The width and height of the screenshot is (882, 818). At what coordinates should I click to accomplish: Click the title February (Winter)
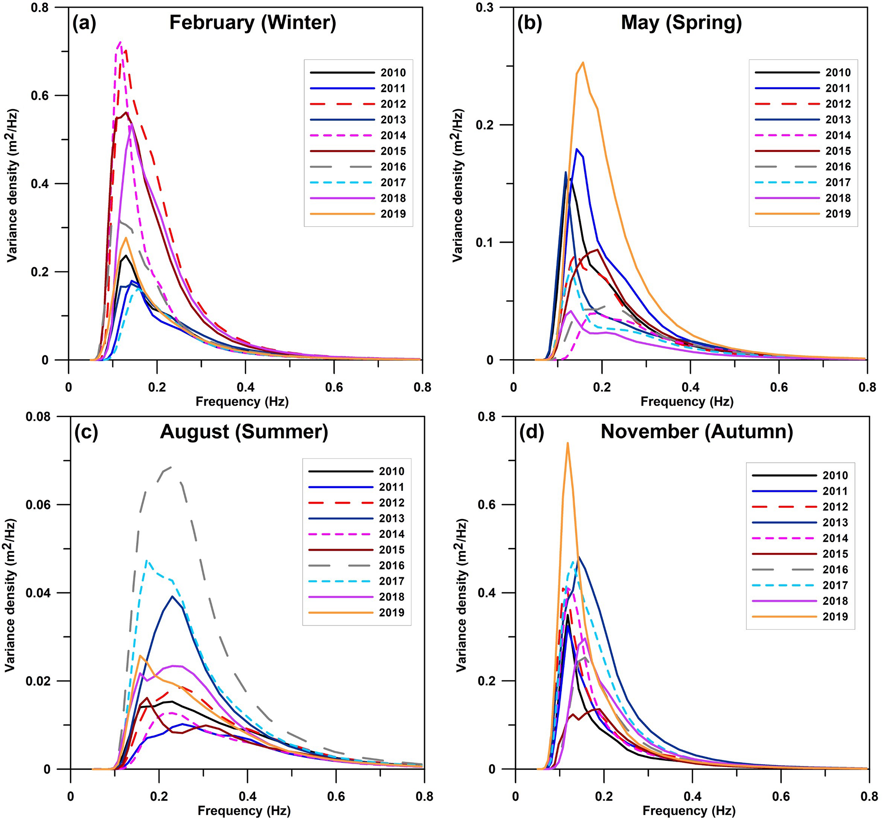(252, 23)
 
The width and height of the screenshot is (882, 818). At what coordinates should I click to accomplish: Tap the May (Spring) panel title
(681, 23)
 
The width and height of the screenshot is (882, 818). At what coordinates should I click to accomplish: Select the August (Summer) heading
(244, 432)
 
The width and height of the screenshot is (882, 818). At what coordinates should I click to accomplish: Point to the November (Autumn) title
(696, 432)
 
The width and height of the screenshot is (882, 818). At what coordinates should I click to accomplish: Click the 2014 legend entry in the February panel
(358, 136)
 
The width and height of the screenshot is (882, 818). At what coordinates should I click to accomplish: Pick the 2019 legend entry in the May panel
(803, 214)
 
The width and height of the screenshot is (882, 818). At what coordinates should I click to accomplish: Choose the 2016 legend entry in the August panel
(356, 566)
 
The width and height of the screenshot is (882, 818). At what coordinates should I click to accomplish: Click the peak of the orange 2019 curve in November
(567, 443)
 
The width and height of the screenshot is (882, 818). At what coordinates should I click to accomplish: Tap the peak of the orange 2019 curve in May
(583, 62)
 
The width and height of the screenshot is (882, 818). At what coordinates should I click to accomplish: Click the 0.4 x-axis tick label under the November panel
(692, 797)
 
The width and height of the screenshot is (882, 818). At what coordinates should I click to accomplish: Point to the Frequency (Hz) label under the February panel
(242, 402)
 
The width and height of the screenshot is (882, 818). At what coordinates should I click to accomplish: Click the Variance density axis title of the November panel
(461, 593)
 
